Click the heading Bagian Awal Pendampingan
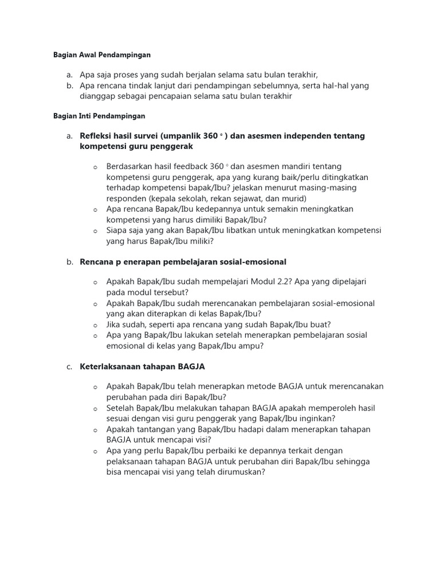[x=101, y=55]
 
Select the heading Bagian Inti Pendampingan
[x=99, y=116]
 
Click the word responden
[x=127, y=198]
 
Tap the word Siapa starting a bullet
[x=117, y=230]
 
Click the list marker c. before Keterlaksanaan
[x=69, y=366]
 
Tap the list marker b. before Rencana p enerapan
[x=69, y=262]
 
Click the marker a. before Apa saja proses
[x=69, y=75]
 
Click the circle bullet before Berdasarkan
[x=95, y=167]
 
